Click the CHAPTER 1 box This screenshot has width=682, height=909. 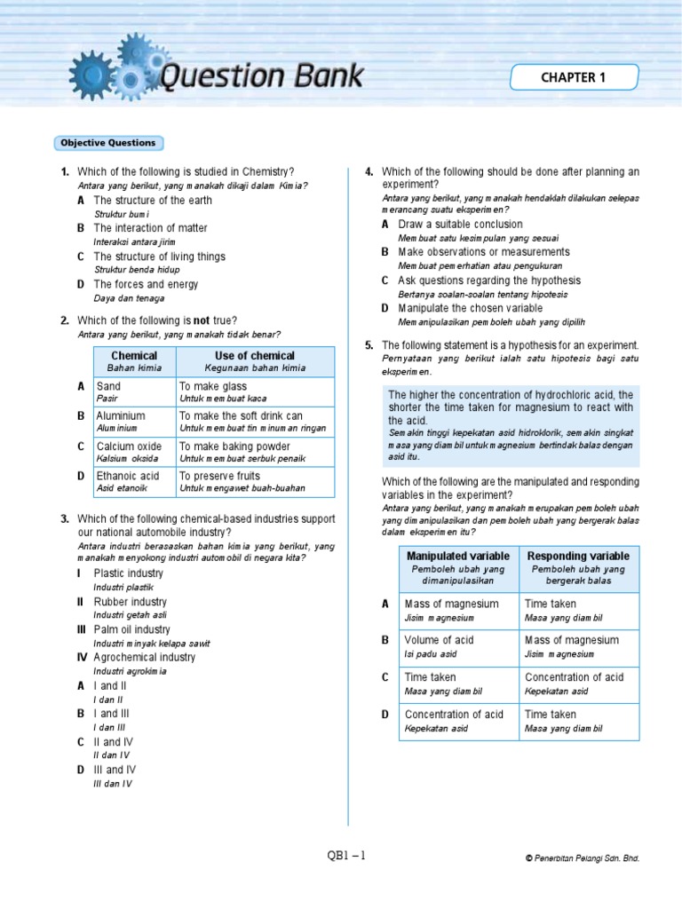pos(573,77)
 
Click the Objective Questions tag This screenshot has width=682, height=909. pos(108,143)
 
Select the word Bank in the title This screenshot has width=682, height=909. pos(323,76)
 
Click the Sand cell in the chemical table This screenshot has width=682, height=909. pos(134,391)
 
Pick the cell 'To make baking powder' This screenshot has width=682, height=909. pos(255,452)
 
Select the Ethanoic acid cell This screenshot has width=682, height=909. pos(134,481)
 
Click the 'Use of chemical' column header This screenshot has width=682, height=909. pos(255,361)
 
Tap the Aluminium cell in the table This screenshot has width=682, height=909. pos(134,421)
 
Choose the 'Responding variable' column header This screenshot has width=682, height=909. pos(578,568)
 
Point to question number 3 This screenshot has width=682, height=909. pos(65,518)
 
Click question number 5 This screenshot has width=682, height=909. pos(369,344)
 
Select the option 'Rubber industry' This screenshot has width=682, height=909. pos(130,602)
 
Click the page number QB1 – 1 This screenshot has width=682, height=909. pos(346,856)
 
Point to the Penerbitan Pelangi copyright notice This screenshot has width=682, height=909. pos(582,858)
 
